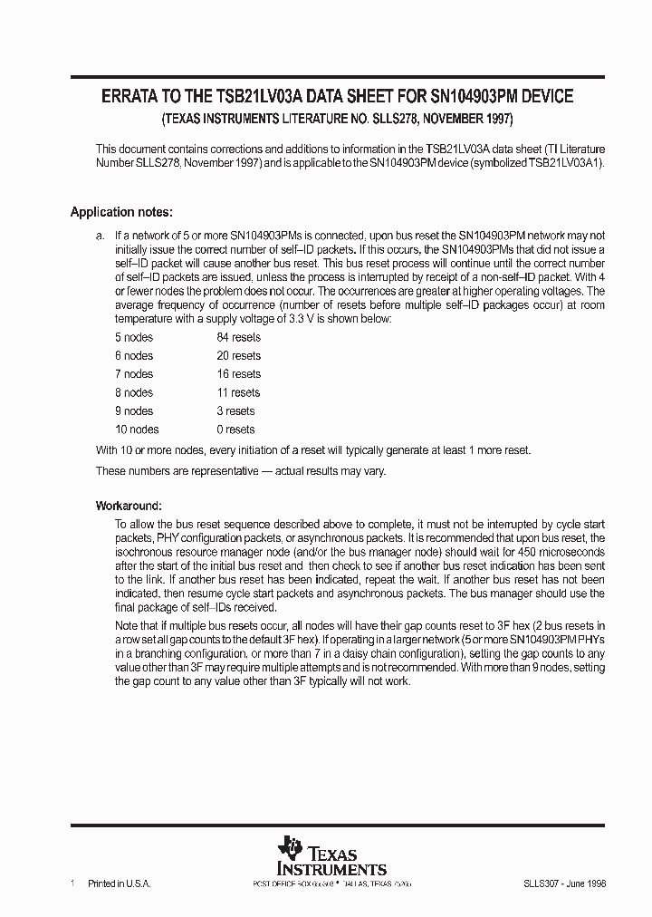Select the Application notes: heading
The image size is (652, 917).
[x=121, y=213]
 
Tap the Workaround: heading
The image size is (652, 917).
[x=129, y=505]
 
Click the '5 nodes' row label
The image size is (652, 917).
[x=133, y=337]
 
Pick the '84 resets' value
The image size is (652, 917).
[x=238, y=337]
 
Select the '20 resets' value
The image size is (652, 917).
[x=238, y=356]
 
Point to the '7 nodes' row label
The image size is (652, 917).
[x=133, y=374]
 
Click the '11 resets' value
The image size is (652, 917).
[x=238, y=393]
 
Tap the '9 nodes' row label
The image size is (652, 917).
[x=133, y=411]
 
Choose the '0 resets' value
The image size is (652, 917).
[x=235, y=430]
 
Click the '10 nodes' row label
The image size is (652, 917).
[x=136, y=430]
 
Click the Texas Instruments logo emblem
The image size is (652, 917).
[x=291, y=850]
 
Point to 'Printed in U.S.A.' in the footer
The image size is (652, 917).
[x=118, y=883]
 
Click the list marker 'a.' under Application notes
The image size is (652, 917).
[x=101, y=236]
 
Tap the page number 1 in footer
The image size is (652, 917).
[x=72, y=883]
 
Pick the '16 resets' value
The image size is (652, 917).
[x=238, y=374]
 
